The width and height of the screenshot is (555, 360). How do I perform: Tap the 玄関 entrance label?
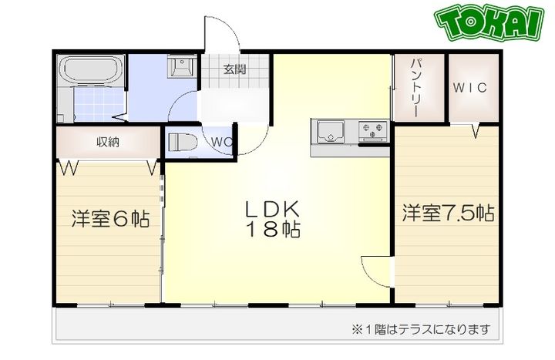(x=235, y=69)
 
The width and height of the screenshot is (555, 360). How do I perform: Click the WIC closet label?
(x=469, y=87)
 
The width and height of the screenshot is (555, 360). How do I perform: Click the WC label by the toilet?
(x=221, y=142)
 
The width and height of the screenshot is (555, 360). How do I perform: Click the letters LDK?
(x=271, y=209)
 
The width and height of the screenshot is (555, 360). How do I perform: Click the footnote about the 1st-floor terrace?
(x=421, y=329)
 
